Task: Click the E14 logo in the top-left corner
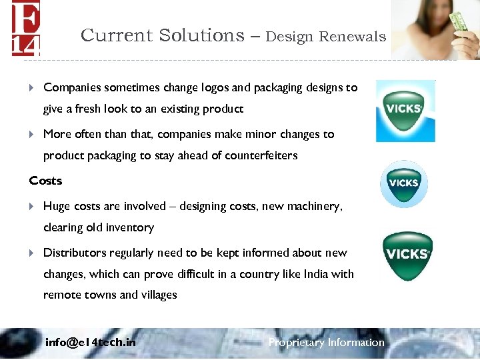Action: pos(25,28)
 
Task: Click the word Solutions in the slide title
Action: pos(202,35)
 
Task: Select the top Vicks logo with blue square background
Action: pos(405,111)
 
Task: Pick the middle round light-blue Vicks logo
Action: pos(403,183)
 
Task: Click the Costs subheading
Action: pos(45,181)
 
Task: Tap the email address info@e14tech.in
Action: pos(90,343)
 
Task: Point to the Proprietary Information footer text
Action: pos(326,343)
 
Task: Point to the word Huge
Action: pos(57,207)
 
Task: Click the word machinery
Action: pos(315,207)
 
